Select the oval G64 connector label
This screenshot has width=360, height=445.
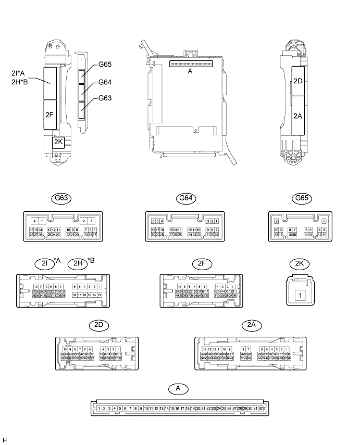184,198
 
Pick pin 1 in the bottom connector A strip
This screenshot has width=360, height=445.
98,409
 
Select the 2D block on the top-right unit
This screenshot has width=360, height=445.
298,81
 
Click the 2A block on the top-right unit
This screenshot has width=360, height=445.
298,116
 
